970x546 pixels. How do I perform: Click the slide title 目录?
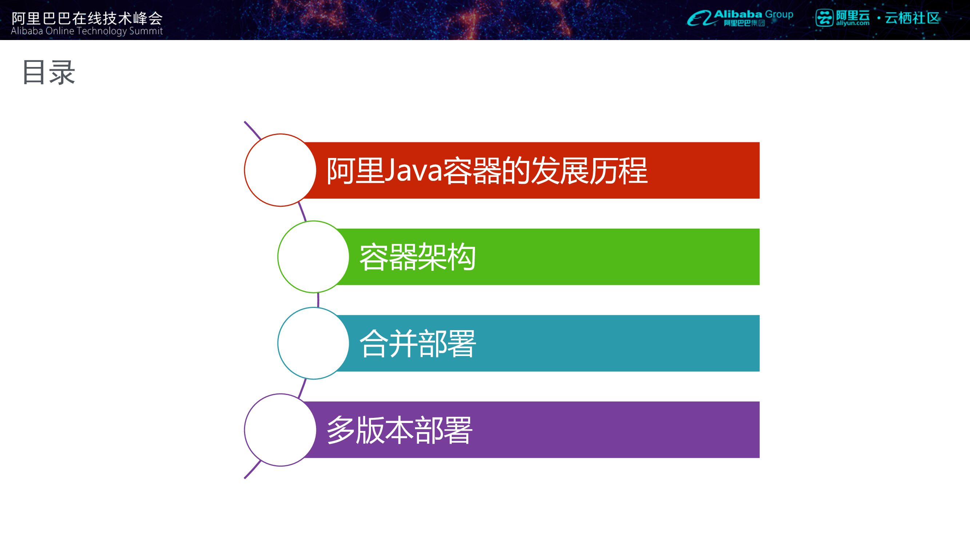coord(49,72)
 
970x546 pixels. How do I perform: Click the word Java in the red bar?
coord(413,171)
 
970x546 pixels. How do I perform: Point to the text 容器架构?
coord(418,257)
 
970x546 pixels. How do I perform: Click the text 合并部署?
coord(418,343)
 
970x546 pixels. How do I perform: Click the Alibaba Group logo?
coord(740,18)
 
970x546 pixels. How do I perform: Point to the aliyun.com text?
coord(853,23)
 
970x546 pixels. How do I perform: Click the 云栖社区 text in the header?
coord(912,18)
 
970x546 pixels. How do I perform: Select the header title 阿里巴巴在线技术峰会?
coord(87,18)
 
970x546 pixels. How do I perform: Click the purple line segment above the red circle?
coord(252,130)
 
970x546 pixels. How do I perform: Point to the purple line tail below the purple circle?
coord(252,470)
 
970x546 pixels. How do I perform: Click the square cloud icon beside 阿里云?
coord(824,18)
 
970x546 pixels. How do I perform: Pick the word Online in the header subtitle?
coord(60,31)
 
